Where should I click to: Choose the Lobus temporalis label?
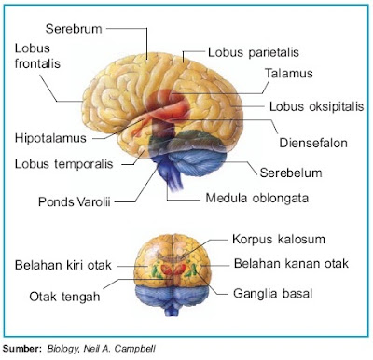coord(61,164)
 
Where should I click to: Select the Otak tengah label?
coord(64,298)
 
